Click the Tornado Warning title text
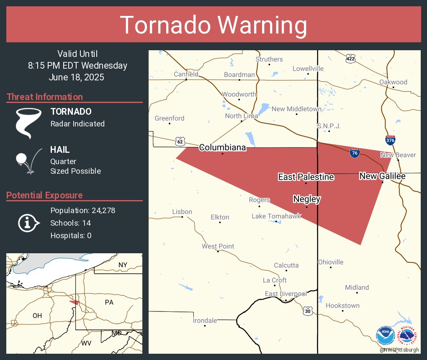[x=213, y=25]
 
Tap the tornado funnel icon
[x=28, y=123]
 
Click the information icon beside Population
[x=28, y=223]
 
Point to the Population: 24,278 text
[x=82, y=210]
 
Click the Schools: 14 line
[x=70, y=223]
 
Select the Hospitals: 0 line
[x=71, y=235]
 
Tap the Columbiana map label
[x=222, y=147]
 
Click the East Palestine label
[x=306, y=177]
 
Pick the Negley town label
[x=307, y=199]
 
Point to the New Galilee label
[x=382, y=176]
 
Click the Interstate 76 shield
[x=355, y=153]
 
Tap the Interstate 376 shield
[x=390, y=140]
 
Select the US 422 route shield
[x=351, y=59]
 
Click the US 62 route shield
[x=180, y=141]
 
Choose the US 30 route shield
[x=308, y=311]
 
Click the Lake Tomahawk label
[x=276, y=216]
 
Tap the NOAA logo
[x=385, y=336]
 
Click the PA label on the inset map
[x=109, y=302]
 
